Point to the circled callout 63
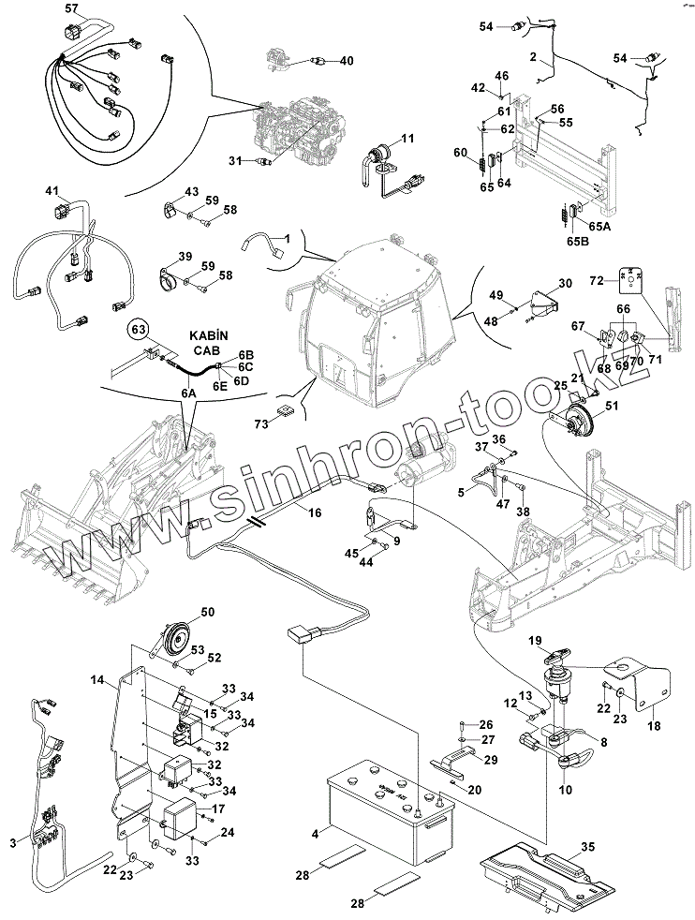[139, 329]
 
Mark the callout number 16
[315, 512]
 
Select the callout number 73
[261, 424]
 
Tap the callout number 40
[347, 61]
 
